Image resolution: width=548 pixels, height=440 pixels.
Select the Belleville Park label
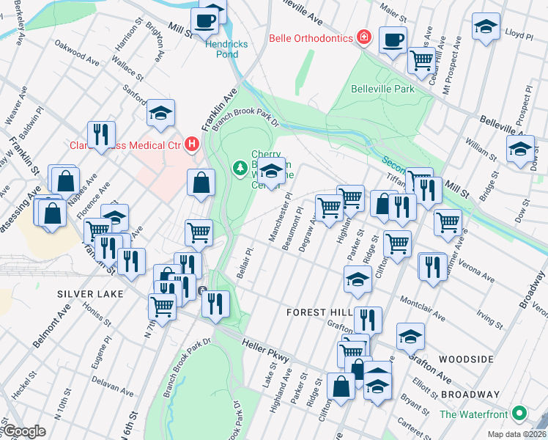382,89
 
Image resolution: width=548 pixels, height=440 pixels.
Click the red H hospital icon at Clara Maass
192,144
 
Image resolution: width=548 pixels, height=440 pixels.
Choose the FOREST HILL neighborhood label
316,312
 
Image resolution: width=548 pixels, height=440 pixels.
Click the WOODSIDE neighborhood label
466,359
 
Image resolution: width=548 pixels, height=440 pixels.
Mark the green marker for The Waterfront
520,414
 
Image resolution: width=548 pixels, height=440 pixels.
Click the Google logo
23,431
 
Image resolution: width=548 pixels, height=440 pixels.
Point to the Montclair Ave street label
423,309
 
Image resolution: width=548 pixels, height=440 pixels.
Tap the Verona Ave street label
478,272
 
